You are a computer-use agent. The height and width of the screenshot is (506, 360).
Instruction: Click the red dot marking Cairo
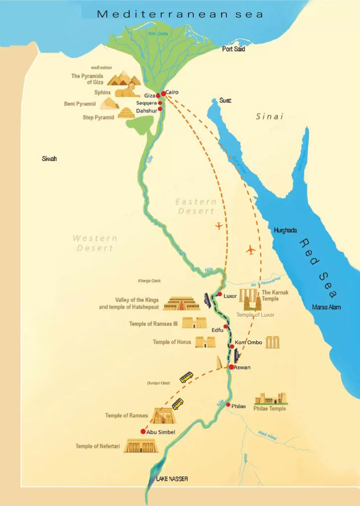click(163, 93)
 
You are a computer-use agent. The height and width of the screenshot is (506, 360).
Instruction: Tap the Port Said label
click(233, 49)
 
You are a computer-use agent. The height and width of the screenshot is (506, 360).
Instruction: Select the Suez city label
click(225, 100)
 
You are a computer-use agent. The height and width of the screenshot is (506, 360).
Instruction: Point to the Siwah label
click(49, 159)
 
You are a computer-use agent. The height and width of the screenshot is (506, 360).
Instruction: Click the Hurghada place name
click(285, 230)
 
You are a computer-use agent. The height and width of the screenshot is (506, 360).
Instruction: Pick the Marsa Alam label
click(326, 307)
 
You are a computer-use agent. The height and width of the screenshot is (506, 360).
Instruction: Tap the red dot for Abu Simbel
click(143, 431)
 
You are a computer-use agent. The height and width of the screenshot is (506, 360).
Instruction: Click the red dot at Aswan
click(231, 367)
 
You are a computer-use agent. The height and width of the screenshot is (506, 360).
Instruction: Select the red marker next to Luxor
click(220, 294)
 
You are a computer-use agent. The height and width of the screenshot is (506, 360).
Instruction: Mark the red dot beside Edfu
click(225, 327)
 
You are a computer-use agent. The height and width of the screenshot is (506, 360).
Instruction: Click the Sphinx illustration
click(128, 90)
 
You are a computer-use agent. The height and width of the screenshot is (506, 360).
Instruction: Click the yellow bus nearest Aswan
click(186, 378)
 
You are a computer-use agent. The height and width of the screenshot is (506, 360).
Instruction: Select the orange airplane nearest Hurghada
click(251, 250)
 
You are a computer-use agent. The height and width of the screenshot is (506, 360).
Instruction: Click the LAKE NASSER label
click(172, 479)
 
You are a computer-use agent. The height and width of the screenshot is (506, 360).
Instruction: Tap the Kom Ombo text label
click(248, 342)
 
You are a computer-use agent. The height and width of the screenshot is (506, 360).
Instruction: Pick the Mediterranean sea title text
click(180, 14)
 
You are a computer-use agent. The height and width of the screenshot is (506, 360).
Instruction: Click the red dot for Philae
click(227, 405)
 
